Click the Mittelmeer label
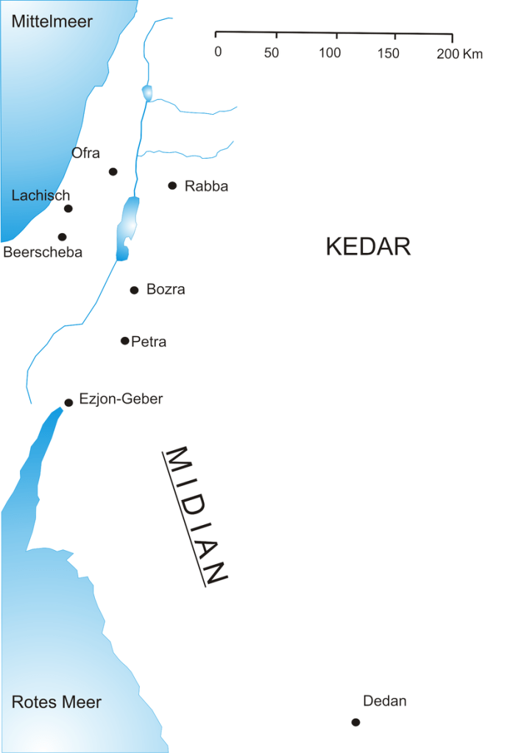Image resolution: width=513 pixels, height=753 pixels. click(52, 21)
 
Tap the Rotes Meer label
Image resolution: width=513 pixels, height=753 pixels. click(57, 702)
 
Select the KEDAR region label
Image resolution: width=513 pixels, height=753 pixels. click(368, 246)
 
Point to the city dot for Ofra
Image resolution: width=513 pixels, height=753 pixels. click(113, 171)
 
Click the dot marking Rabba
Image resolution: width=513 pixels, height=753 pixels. click(172, 185)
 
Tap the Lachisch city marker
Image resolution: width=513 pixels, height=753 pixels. click(68, 208)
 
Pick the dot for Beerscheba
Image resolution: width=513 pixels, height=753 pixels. click(62, 237)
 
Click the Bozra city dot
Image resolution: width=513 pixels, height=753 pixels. click(134, 290)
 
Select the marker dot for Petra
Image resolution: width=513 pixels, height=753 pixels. click(125, 340)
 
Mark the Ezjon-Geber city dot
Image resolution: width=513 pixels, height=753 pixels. click(68, 402)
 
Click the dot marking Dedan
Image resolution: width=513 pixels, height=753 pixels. click(355, 722)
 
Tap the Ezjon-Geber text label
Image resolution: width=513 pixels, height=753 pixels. click(121, 399)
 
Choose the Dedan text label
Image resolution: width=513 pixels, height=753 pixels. click(385, 701)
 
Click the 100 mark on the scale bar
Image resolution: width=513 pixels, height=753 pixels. click(330, 53)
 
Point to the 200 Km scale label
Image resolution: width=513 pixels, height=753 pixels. click(459, 54)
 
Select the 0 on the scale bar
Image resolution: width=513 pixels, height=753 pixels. click(218, 53)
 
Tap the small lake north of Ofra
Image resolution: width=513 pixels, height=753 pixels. click(146, 93)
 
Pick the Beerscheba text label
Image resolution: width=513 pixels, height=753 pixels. click(43, 252)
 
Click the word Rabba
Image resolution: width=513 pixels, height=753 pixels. click(207, 186)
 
